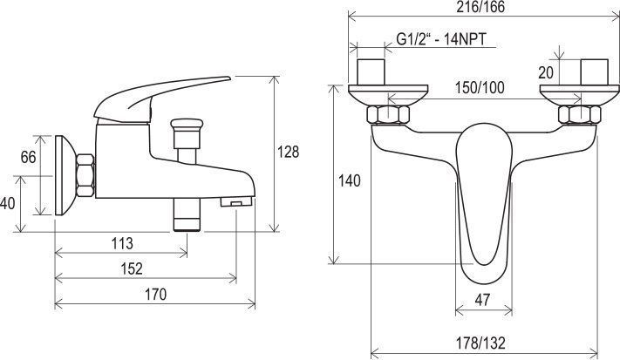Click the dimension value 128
[289, 152]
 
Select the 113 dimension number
[122, 243]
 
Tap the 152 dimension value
[132, 268]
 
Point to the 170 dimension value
[156, 295]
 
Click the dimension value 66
[28, 157]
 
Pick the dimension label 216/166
[480, 7]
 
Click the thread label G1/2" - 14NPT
[441, 39]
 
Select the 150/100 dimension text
[480, 88]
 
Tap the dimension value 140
[350, 181]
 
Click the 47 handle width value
[482, 300]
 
